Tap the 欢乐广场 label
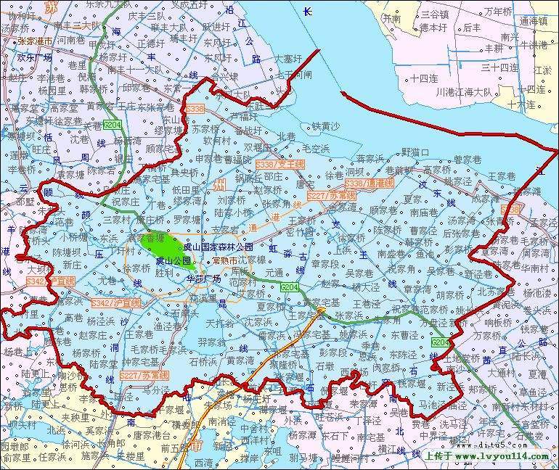pos(34,57)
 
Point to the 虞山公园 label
pos(174,260)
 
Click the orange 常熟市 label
pos(225,260)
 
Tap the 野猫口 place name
pos(415,152)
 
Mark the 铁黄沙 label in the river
pos(325,126)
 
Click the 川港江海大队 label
pos(464,92)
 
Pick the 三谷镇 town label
pos(434,14)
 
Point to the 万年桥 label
pos(498,12)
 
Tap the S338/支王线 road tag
pos(279,165)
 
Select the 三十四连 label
pos(499,67)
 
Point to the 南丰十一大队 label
pos(134,70)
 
